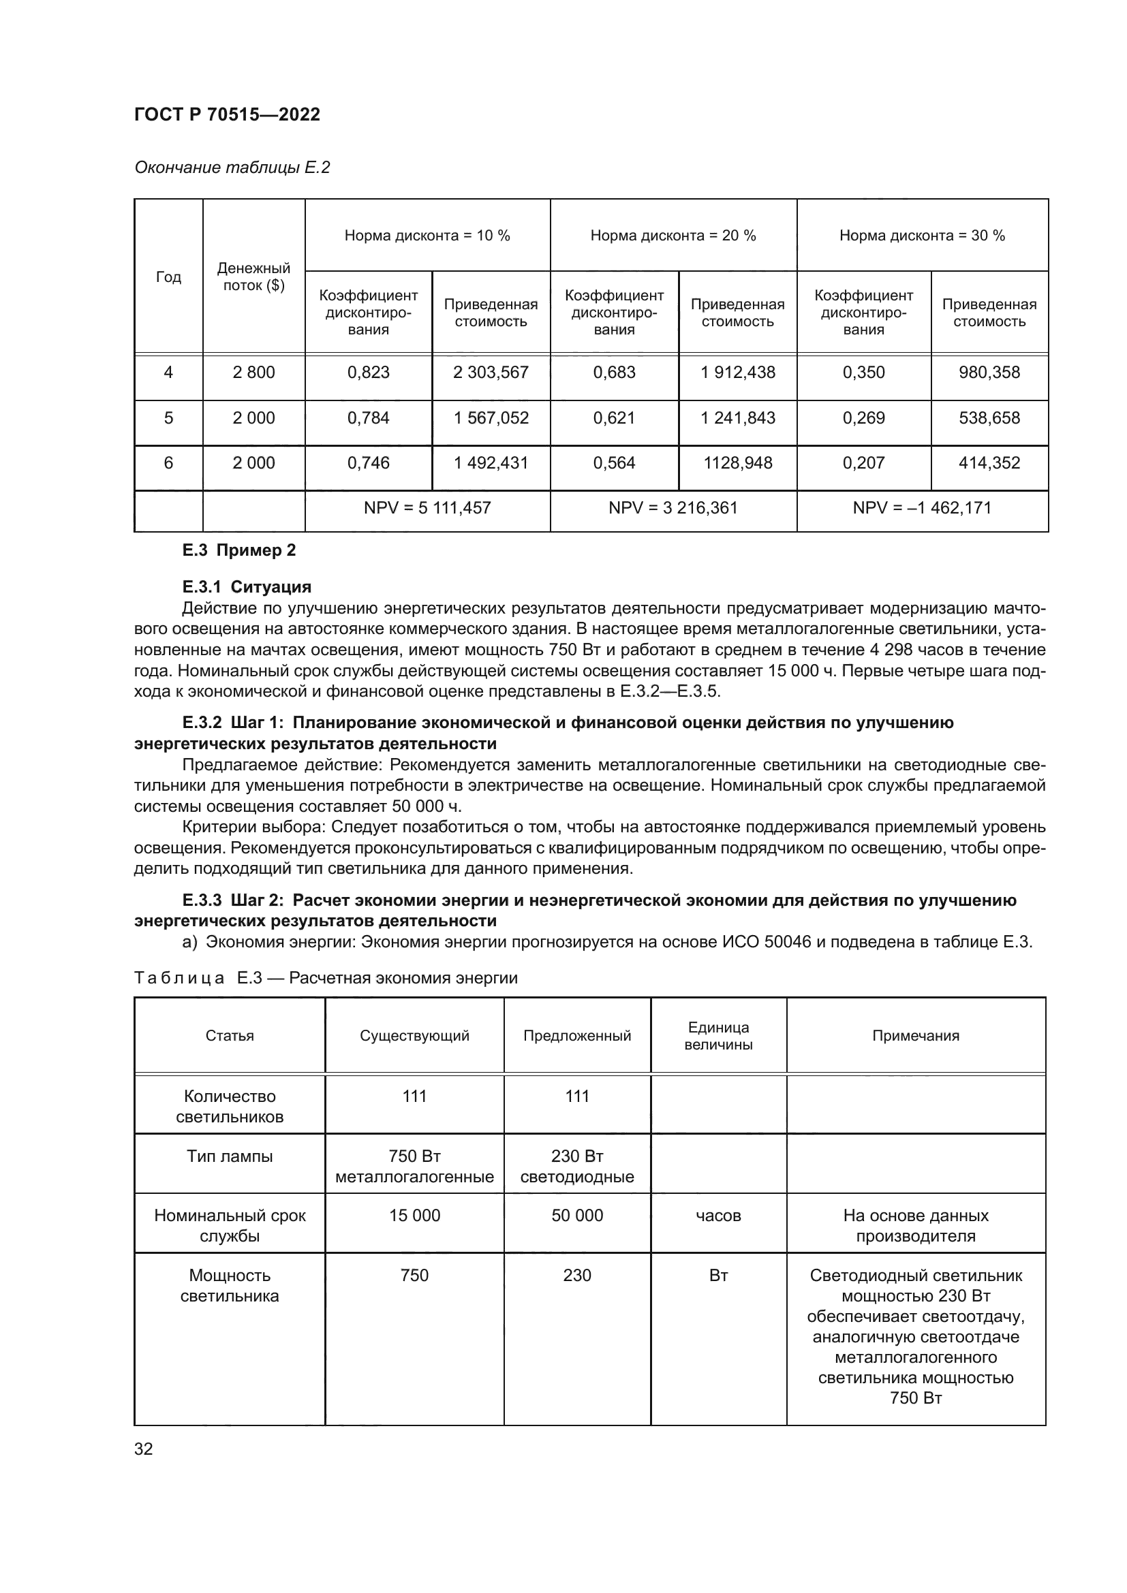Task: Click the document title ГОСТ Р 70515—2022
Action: point(227,114)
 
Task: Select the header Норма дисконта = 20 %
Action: point(673,236)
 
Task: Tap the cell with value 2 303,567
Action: point(491,373)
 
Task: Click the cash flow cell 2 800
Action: point(253,373)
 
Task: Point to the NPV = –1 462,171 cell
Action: point(922,508)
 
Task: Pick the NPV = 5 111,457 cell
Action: point(427,508)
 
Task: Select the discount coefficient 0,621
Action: point(613,418)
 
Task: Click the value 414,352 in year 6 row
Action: point(989,462)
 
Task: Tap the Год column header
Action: point(168,277)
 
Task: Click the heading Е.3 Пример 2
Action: point(238,550)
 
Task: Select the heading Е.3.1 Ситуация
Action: point(247,587)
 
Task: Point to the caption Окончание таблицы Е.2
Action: point(232,168)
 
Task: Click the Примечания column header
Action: point(915,1036)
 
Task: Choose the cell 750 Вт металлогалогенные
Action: point(414,1166)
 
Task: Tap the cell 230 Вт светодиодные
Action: point(576,1166)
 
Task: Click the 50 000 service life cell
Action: point(576,1216)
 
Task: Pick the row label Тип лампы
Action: point(229,1156)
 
